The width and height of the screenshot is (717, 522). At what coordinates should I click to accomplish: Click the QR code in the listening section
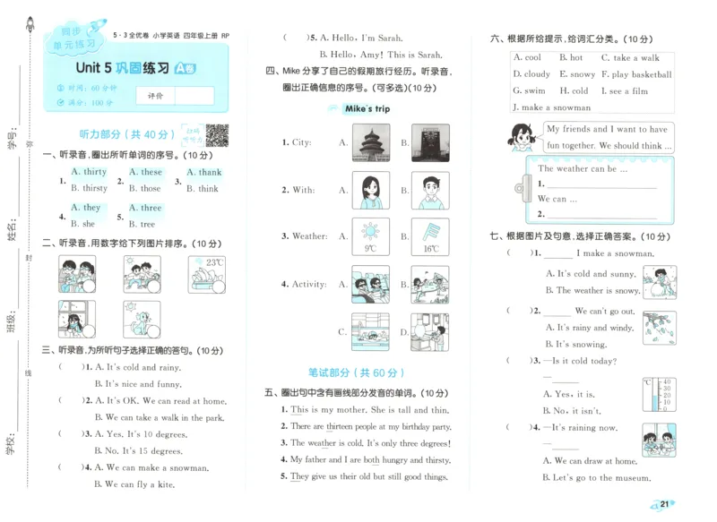click(x=217, y=134)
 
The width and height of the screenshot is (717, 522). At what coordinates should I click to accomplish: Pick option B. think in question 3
click(x=203, y=189)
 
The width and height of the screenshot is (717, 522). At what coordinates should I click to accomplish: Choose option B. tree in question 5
click(x=142, y=224)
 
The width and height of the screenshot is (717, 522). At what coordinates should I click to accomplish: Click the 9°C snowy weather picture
click(x=369, y=237)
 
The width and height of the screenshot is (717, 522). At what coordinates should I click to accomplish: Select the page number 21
click(x=664, y=505)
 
